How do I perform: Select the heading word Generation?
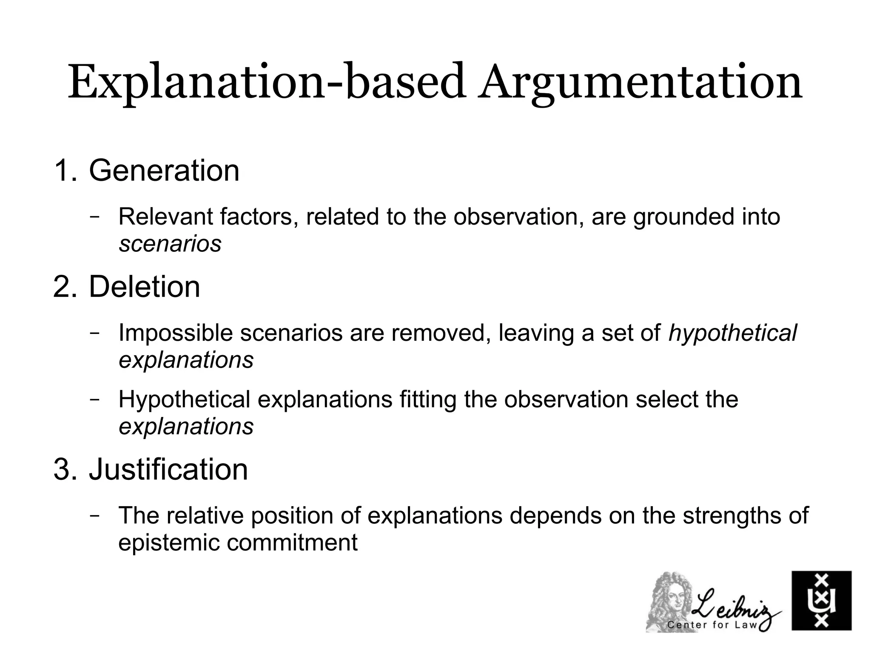point(164,171)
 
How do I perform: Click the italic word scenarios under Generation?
point(170,244)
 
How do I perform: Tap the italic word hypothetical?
point(732,333)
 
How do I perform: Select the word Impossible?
point(176,333)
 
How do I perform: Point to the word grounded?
point(683,217)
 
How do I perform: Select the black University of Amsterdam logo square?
point(821,600)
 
